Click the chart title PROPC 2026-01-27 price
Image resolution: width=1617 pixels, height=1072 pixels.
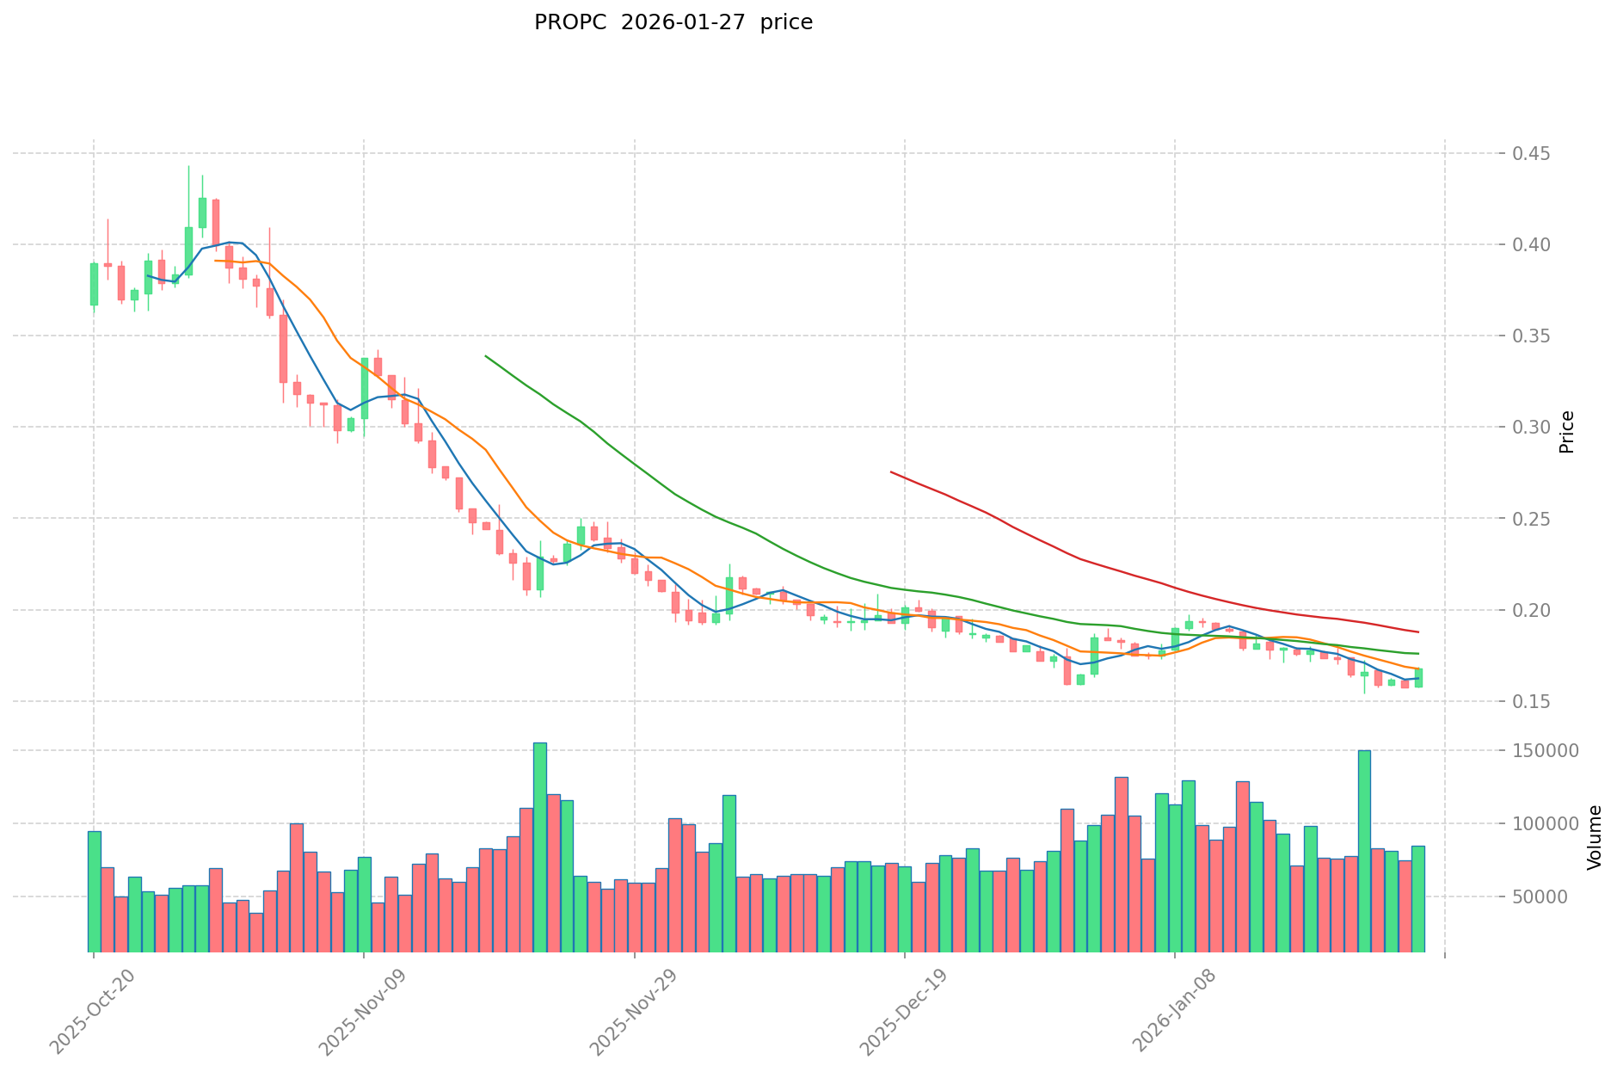[673, 23]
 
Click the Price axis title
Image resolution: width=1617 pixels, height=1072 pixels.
[1566, 432]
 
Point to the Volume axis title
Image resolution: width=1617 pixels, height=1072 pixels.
[1595, 837]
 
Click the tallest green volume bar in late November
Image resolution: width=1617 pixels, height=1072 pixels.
[539, 847]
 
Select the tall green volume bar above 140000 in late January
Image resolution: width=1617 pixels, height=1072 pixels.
[1364, 851]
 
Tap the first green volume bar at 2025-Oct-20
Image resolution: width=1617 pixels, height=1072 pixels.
[94, 891]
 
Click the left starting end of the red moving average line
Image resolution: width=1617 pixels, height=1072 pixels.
[891, 471]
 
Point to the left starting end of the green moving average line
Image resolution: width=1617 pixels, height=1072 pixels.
[486, 355]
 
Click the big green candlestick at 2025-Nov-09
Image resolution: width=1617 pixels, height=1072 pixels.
[364, 389]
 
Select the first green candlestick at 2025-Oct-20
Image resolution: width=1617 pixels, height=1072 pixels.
[94, 284]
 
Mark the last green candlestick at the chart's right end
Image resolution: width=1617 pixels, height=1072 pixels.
[1418, 678]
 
